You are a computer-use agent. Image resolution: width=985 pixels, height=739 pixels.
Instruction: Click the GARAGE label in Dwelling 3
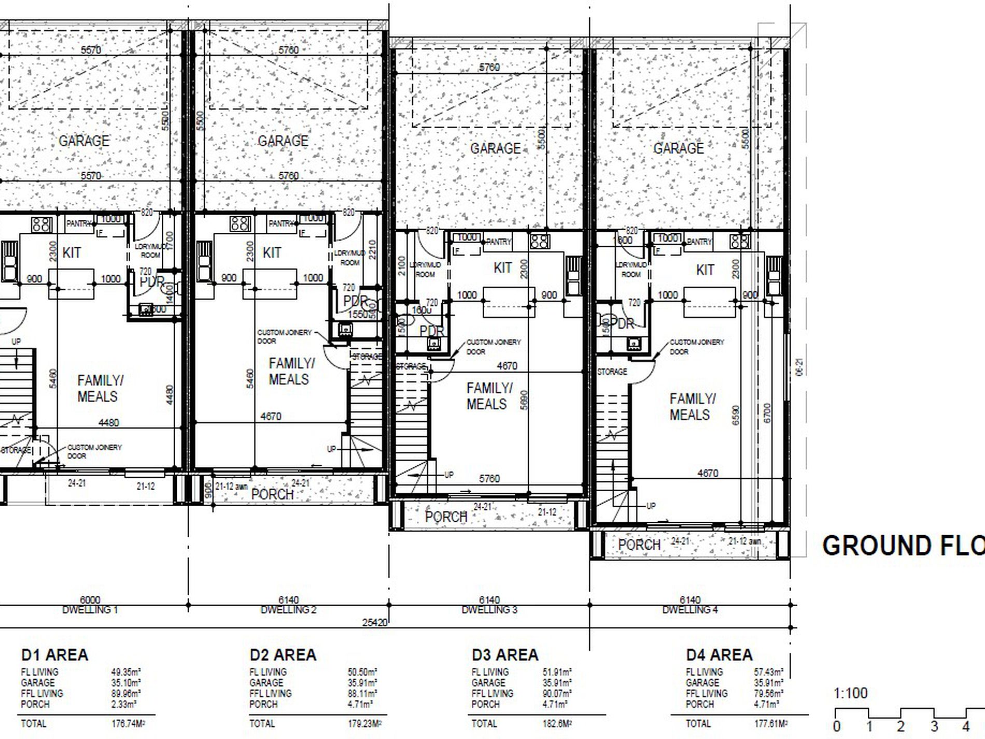coord(495,148)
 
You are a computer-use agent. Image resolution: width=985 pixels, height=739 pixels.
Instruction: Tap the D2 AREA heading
coord(283,655)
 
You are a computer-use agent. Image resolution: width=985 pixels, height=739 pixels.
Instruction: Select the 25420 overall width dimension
coord(375,622)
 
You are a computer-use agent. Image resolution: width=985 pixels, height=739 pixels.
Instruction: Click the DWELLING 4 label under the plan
coord(689,610)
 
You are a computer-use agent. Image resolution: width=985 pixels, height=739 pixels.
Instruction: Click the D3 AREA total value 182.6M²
coord(557,723)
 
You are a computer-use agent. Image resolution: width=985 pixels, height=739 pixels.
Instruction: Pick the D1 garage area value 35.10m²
coord(126,683)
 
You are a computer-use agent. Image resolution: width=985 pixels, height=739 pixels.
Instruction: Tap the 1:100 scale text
coord(850,693)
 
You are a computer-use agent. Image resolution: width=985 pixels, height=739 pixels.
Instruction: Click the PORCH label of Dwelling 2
coord(272,494)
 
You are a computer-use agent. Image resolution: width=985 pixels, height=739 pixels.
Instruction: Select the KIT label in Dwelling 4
coord(705,270)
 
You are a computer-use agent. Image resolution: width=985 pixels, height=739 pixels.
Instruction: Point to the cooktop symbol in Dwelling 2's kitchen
coord(240,224)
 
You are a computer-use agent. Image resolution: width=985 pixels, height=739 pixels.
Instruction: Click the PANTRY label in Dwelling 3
coord(498,242)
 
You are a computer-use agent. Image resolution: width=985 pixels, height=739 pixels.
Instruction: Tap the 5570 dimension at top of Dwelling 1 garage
coord(91,50)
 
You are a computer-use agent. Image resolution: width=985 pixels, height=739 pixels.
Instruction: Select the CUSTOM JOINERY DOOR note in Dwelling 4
coord(696,346)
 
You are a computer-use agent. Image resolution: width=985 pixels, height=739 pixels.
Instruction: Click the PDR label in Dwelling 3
coord(431,331)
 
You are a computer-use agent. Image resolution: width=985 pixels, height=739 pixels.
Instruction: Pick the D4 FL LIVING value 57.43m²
coord(768,672)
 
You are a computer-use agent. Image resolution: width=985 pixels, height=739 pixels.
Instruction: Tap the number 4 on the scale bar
coord(966,727)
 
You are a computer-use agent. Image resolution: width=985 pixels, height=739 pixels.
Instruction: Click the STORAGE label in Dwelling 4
coord(612,372)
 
